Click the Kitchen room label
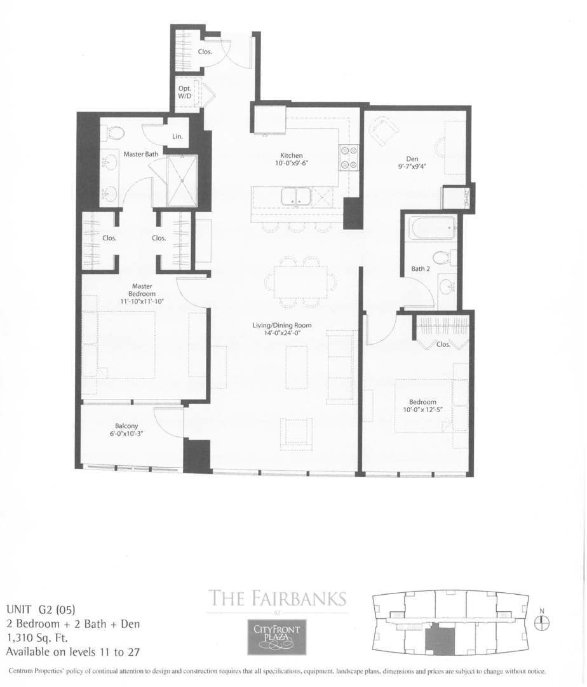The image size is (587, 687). [292, 155]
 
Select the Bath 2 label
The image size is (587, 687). [420, 268]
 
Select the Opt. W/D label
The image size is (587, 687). [184, 92]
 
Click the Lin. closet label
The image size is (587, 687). [177, 137]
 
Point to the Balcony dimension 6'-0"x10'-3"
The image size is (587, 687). [126, 434]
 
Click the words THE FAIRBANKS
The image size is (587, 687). [278, 599]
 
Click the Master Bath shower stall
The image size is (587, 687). [182, 180]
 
